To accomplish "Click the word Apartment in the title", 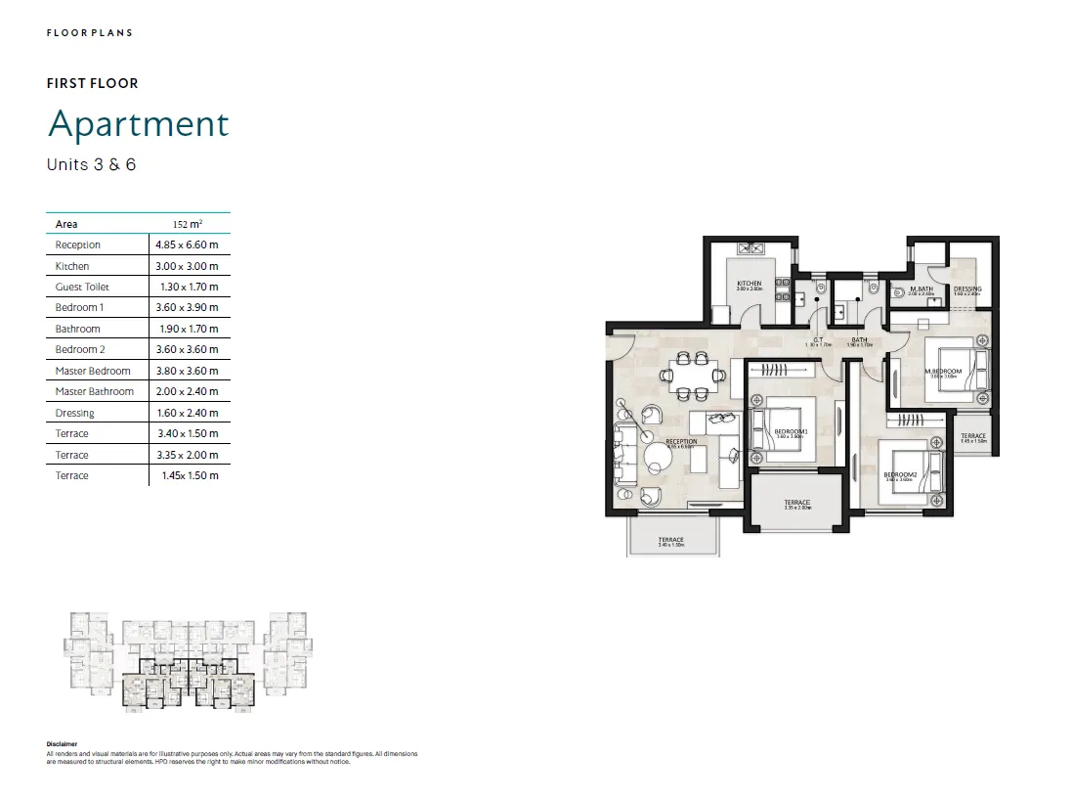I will click(138, 124).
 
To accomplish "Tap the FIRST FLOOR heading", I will click(93, 83).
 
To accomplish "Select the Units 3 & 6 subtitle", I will click(91, 164).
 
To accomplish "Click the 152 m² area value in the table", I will click(188, 224).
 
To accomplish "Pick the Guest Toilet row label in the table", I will click(82, 287).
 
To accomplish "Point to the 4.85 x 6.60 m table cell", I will click(186, 244).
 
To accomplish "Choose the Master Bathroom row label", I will click(94, 391).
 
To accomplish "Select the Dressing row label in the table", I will click(74, 413).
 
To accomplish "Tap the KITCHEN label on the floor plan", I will click(750, 284).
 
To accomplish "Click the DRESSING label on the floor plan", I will click(967, 289).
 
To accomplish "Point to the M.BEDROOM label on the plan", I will click(946, 372).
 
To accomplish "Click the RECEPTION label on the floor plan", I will click(681, 441).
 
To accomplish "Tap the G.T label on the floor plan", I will click(817, 339).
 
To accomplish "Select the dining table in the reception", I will click(690, 376).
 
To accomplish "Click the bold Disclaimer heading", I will click(62, 744).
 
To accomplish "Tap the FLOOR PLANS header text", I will click(90, 33).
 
